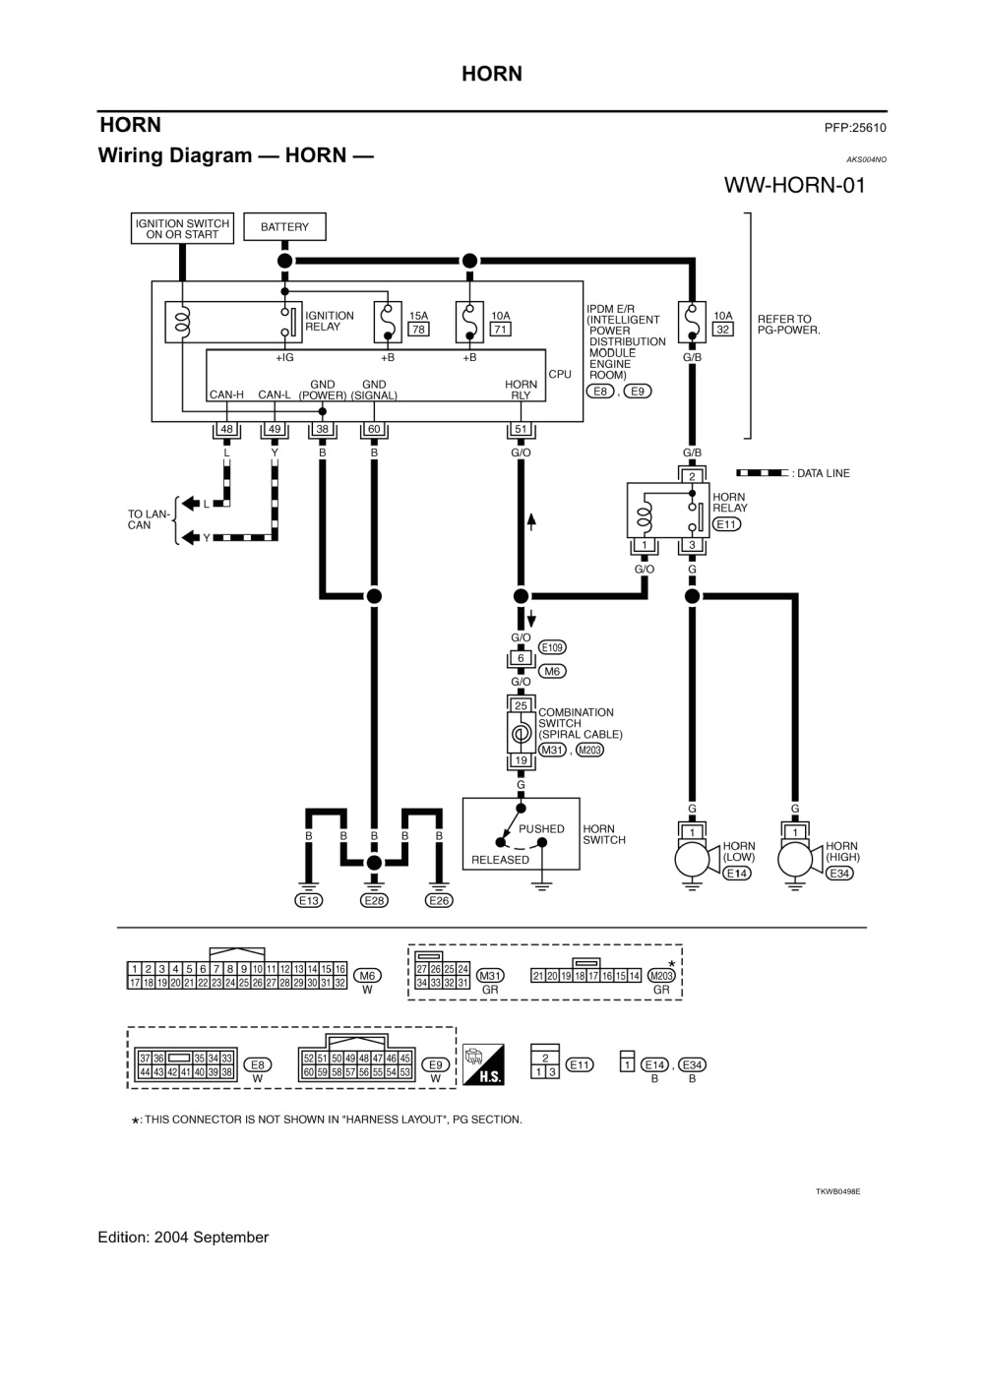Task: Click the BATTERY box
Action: pos(284,227)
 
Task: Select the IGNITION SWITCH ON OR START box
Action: pos(182,229)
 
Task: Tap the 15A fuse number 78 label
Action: pos(418,330)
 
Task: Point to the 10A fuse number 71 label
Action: pos(500,330)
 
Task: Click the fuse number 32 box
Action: pos(722,330)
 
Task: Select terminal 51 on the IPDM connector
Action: pos(521,430)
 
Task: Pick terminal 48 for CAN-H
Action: pos(226,430)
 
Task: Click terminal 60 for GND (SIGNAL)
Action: pos(374,430)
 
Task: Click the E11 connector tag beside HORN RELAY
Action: pos(726,524)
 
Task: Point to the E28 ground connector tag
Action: pos(374,900)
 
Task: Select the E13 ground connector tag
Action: pos(309,900)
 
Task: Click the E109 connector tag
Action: pos(552,648)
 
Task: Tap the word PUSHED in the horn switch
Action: pos(541,829)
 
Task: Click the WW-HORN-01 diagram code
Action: pos(794,186)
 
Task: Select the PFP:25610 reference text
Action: pos(855,128)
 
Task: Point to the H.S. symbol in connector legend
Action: pos(484,1064)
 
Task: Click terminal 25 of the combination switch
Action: pos(521,705)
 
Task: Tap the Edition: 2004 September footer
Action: pos(183,1238)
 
